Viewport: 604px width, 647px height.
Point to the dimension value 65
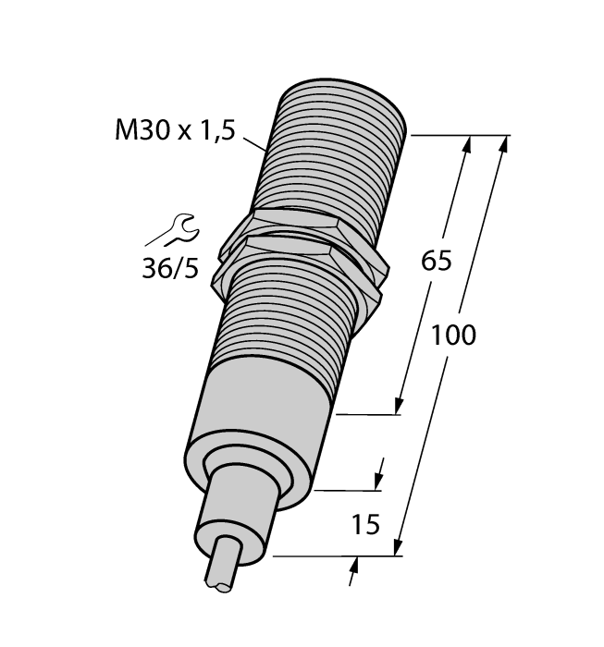(x=436, y=262)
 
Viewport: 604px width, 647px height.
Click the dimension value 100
(x=452, y=336)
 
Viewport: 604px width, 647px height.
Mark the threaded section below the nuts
(x=287, y=323)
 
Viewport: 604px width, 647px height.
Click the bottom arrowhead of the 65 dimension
(x=399, y=407)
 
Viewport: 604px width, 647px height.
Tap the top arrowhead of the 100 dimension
(x=505, y=144)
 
